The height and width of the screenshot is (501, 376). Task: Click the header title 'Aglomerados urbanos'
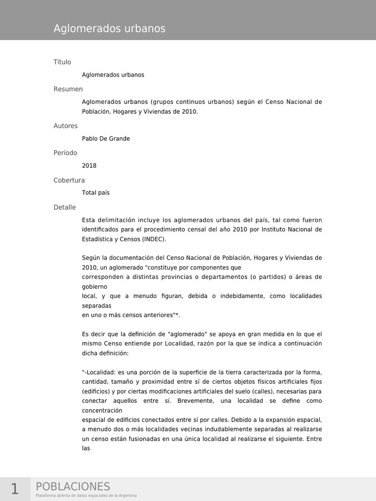click(109, 29)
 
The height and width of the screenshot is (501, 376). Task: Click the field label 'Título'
click(62, 62)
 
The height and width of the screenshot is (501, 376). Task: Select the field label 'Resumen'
click(68, 89)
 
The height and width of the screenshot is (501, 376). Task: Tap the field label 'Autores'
click(66, 126)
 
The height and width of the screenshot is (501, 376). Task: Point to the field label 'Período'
click(65, 153)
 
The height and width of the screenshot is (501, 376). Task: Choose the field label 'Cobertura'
click(69, 180)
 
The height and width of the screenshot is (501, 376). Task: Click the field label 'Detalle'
click(65, 207)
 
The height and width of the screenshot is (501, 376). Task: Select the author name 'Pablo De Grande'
click(106, 138)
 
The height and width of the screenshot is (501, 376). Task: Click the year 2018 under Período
click(89, 165)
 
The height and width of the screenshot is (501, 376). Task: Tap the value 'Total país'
click(95, 193)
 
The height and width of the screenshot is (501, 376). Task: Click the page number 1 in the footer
click(15, 489)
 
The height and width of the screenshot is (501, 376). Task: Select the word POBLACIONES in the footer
click(73, 486)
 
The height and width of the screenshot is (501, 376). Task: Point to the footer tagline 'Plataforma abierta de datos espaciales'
click(86, 496)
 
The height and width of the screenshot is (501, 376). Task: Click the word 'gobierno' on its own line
click(94, 286)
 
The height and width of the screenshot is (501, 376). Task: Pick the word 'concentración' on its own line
click(102, 410)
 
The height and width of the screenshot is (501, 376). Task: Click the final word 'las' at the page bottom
click(86, 449)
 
